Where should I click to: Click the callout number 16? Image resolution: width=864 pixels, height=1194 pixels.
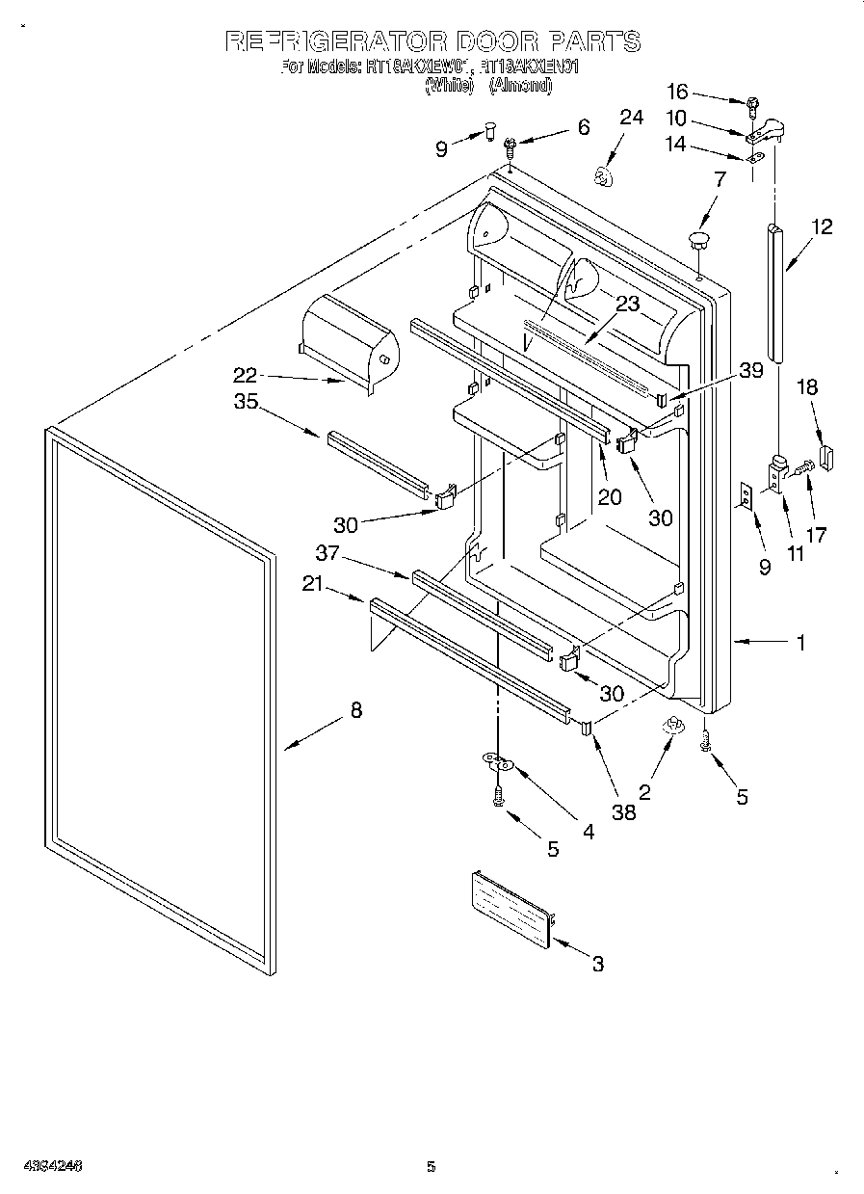(x=678, y=92)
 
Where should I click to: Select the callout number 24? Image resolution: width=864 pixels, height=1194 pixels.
(x=631, y=118)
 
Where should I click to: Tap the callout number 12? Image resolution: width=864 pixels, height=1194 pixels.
(x=822, y=227)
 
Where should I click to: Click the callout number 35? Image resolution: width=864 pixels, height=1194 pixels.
(x=246, y=402)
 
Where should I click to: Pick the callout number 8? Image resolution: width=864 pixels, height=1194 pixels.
(x=355, y=710)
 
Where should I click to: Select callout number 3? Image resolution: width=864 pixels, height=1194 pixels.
(x=598, y=963)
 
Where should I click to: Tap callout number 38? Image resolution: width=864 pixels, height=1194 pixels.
(x=624, y=811)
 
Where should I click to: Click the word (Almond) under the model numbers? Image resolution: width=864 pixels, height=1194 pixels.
(x=520, y=85)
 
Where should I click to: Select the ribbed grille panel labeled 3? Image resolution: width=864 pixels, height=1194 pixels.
(x=510, y=908)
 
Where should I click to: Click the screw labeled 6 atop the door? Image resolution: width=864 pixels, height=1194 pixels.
(x=511, y=146)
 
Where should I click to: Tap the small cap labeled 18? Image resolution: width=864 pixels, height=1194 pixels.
(x=827, y=455)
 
